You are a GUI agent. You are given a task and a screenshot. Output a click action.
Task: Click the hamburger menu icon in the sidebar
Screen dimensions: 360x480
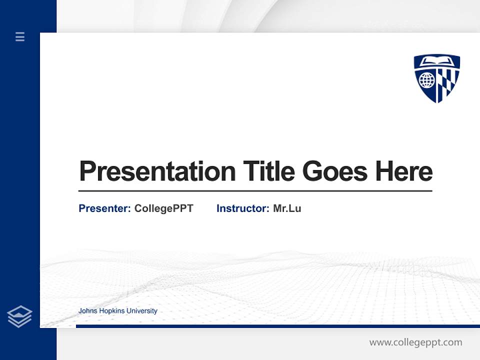tap(20, 36)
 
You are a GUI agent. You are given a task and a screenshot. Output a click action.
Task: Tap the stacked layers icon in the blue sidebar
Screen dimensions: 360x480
tap(19, 316)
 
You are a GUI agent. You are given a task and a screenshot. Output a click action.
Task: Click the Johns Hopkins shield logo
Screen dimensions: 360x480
tap(436, 78)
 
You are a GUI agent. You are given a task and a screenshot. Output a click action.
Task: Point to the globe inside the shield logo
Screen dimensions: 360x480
tap(426, 80)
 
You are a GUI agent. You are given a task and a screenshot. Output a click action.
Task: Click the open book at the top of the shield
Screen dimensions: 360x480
tap(437, 62)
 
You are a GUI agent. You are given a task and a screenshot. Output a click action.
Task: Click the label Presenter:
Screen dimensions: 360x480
tap(104, 208)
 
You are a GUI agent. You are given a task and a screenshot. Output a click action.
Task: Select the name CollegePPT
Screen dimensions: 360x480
tap(163, 208)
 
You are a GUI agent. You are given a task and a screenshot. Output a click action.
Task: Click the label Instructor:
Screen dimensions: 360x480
tap(242, 208)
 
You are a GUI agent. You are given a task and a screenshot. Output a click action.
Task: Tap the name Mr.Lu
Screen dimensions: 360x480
tap(287, 208)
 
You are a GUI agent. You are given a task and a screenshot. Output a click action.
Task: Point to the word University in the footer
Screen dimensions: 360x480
tap(142, 311)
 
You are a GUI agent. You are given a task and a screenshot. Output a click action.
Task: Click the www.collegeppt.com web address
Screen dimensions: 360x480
tap(415, 342)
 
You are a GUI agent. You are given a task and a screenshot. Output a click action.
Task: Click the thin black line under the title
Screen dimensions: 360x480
tap(255, 190)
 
